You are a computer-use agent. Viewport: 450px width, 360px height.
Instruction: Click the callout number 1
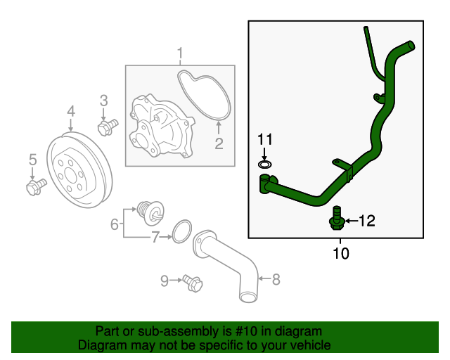pyautogui.click(x=180, y=53)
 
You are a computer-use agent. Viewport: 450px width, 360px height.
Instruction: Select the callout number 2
pyautogui.click(x=219, y=144)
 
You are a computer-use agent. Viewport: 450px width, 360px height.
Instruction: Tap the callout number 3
pyautogui.click(x=103, y=101)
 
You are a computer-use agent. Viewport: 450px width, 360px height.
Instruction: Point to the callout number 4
pyautogui.click(x=71, y=111)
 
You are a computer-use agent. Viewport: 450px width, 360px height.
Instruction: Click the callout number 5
pyautogui.click(x=32, y=161)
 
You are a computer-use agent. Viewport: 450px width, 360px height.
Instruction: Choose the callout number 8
pyautogui.click(x=276, y=280)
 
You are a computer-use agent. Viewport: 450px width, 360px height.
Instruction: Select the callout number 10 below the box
pyautogui.click(x=340, y=252)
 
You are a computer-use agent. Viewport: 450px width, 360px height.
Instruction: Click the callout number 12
pyautogui.click(x=366, y=221)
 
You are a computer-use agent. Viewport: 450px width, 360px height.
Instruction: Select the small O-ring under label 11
pyautogui.click(x=264, y=165)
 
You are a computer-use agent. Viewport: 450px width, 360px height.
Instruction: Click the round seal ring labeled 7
pyautogui.click(x=181, y=231)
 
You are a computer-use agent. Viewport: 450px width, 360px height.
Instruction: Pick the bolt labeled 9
pyautogui.click(x=191, y=283)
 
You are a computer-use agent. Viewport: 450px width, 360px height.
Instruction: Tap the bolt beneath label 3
pyautogui.click(x=107, y=127)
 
